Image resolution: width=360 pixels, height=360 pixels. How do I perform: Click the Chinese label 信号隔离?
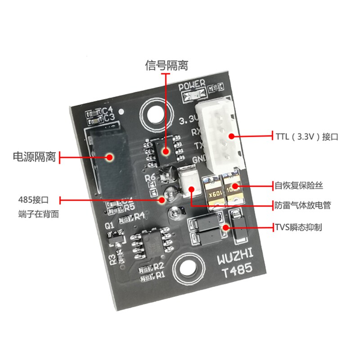click(x=166, y=66)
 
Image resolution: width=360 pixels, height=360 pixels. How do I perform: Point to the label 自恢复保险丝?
click(x=299, y=185)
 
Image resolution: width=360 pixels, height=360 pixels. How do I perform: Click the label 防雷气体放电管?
click(x=302, y=205)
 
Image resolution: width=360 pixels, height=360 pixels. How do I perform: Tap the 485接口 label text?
click(x=33, y=199)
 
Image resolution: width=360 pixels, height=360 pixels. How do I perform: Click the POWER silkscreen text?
click(x=192, y=85)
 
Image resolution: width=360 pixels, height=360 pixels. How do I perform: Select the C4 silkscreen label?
click(x=108, y=110)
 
